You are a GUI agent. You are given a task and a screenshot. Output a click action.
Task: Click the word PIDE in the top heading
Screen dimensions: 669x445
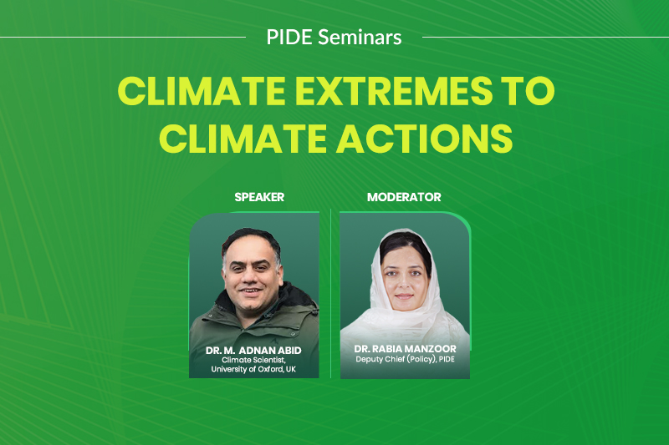289,37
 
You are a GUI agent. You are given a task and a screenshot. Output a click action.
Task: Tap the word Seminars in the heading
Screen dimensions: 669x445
360,37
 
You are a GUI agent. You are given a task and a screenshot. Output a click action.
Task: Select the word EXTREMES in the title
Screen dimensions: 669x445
394,91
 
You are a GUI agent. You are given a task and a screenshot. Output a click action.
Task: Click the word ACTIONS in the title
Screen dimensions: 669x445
425,139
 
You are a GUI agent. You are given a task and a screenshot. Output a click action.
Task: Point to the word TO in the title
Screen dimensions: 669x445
529,91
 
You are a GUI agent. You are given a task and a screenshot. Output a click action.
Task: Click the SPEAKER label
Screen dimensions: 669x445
259,197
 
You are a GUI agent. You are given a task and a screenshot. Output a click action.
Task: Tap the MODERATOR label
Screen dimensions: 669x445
404,197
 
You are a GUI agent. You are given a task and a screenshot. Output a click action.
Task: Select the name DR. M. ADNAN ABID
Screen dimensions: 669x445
253,351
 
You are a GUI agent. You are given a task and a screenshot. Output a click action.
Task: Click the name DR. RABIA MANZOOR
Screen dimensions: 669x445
405,349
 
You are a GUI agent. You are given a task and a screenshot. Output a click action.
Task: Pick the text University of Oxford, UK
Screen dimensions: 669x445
253,369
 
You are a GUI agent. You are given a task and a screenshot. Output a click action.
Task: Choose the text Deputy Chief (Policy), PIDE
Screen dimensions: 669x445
405,359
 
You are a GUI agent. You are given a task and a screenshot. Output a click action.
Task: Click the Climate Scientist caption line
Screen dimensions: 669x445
253,361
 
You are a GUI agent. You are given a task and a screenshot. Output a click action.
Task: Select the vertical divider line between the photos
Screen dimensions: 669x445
330,293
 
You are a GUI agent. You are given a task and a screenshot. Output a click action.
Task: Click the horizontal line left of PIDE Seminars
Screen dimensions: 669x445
123,37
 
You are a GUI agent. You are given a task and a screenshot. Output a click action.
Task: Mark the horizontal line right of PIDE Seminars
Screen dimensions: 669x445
546,37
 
